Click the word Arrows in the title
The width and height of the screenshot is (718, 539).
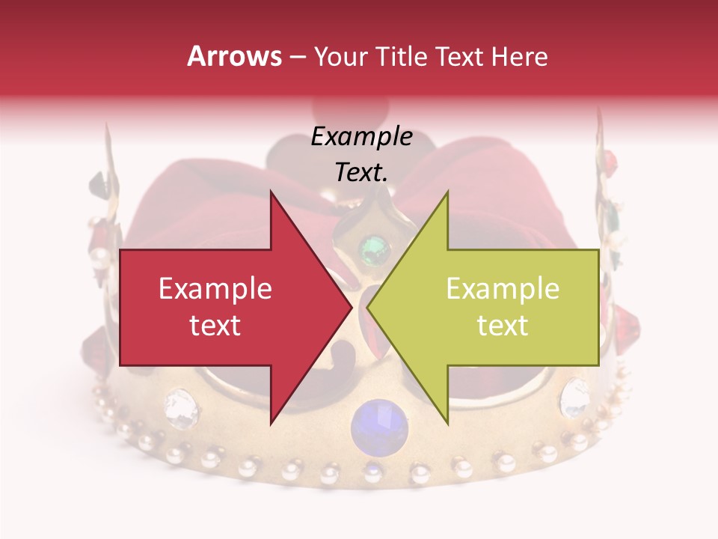(234, 56)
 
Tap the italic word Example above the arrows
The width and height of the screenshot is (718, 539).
(361, 137)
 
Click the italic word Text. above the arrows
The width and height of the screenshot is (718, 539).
(361, 173)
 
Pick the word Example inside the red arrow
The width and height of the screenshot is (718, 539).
(215, 289)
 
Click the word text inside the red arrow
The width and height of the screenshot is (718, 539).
(215, 326)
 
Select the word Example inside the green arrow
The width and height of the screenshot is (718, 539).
(503, 289)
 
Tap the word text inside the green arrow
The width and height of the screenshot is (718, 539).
(503, 326)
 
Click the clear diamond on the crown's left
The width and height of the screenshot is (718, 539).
(180, 406)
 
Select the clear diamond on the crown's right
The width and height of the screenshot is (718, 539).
(574, 398)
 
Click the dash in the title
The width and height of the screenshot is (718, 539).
(296, 57)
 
